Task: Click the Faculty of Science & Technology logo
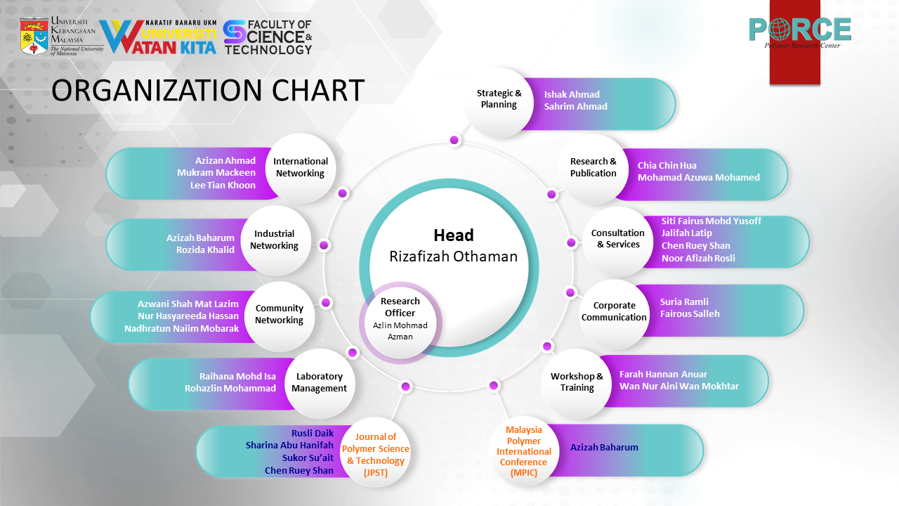point(268,37)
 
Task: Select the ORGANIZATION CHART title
point(208,91)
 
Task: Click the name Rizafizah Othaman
point(453,257)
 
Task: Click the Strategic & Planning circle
point(499,99)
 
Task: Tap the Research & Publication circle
point(593,167)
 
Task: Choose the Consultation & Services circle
point(618,239)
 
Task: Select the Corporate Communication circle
point(614,311)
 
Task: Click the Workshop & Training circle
point(577,382)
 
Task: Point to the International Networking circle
point(300,167)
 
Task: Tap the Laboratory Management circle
point(320,382)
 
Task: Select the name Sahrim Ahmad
point(575,107)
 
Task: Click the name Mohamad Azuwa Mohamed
point(698,178)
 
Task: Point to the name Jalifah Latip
point(686,233)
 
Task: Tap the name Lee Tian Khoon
point(223,186)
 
